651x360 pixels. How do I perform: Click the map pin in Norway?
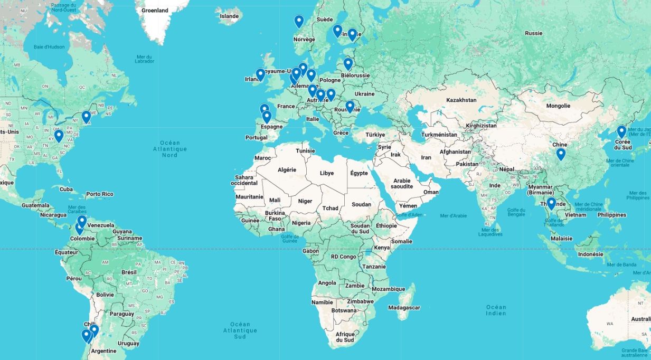pyautogui.click(x=299, y=21)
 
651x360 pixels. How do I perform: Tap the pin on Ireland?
pyautogui.click(x=260, y=74)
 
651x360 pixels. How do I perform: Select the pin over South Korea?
pyautogui.click(x=621, y=131)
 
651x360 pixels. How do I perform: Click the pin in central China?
pyautogui.click(x=561, y=154)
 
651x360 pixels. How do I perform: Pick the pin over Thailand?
pyautogui.click(x=551, y=203)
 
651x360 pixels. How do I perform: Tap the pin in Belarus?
pyautogui.click(x=348, y=64)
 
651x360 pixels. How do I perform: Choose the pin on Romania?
pyautogui.click(x=350, y=106)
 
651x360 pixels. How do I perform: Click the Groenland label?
pyautogui.click(x=155, y=10)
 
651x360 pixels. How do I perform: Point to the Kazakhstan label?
pyautogui.click(x=461, y=100)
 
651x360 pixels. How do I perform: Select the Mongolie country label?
pyautogui.click(x=558, y=106)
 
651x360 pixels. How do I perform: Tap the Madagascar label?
pyautogui.click(x=404, y=307)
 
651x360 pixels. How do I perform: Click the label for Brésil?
pyautogui.click(x=129, y=272)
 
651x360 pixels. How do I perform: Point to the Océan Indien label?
pyautogui.click(x=496, y=310)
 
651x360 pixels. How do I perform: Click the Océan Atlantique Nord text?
pyautogui.click(x=169, y=149)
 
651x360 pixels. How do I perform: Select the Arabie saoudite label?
pyautogui.click(x=402, y=184)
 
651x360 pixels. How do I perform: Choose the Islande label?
pyautogui.click(x=229, y=16)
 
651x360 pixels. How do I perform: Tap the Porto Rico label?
pyautogui.click(x=100, y=194)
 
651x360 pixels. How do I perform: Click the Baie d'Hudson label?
pyautogui.click(x=49, y=47)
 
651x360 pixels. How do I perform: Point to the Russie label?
pyautogui.click(x=533, y=33)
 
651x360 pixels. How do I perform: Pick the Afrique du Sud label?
pyautogui.click(x=345, y=337)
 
